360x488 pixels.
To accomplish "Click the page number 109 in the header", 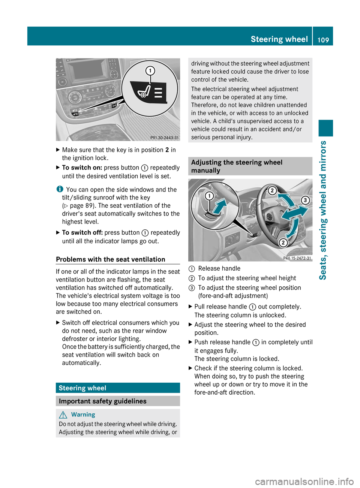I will click(323, 40).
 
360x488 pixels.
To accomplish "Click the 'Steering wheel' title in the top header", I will click(279, 39).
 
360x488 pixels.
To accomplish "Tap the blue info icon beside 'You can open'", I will click(60, 189).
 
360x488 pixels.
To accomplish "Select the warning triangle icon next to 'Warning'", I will click(63, 415).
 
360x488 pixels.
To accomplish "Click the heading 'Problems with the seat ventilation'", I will click(110, 259).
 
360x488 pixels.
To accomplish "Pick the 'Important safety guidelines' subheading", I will click(102, 401).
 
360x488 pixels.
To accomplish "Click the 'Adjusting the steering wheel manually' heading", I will click(237, 166).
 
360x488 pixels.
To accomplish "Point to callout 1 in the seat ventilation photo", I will click(150, 71).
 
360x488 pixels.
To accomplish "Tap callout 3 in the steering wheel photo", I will click(306, 200).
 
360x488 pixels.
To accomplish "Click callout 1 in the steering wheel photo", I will click(209, 196).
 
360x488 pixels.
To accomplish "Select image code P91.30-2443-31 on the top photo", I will click(164, 138).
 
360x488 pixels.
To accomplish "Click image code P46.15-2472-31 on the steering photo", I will click(297, 258).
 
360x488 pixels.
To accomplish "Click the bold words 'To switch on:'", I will click(82, 168).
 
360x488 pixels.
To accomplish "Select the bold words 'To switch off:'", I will click(82, 233).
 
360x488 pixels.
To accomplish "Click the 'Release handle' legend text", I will click(219, 268).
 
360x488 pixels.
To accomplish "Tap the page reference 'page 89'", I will click(82, 205).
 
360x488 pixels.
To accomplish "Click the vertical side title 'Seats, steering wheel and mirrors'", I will click(323, 210).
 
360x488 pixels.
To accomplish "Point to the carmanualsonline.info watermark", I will click(304, 481).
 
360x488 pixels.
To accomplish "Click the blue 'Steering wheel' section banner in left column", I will click(118, 388).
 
